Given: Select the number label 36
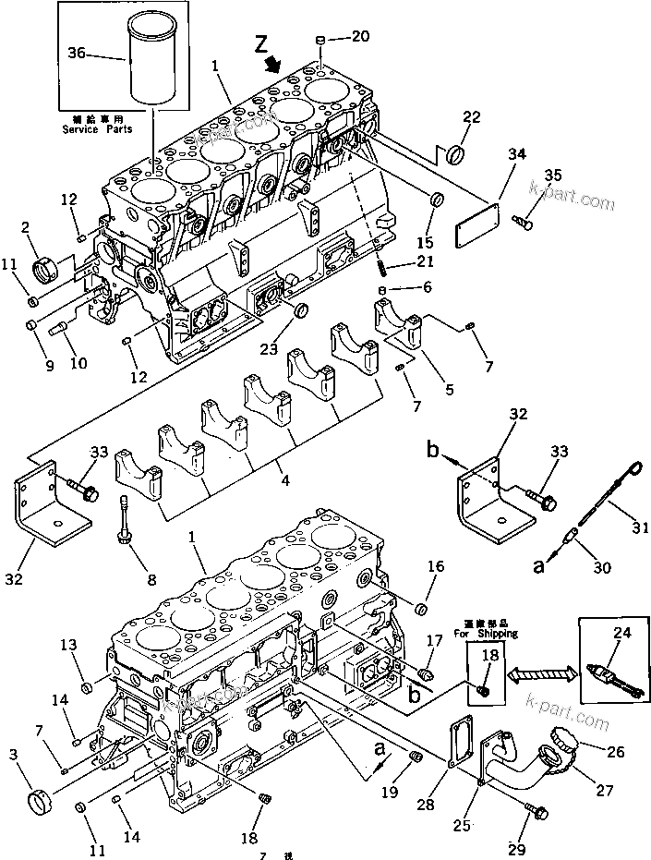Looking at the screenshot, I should tap(78, 54).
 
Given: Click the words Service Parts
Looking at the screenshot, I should tap(97, 128).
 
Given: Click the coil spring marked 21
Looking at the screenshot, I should tap(380, 269).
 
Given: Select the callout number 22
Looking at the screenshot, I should tap(472, 116).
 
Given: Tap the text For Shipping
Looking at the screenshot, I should tap(485, 634).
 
